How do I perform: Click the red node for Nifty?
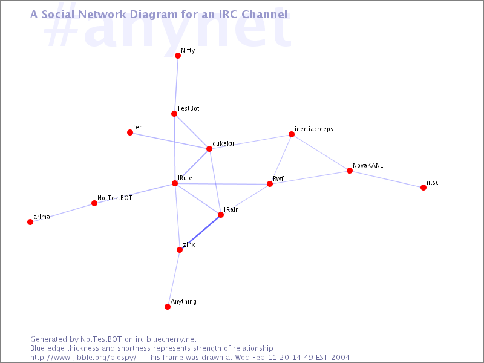(178, 56)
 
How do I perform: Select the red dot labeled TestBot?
(174, 114)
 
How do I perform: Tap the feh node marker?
(130, 132)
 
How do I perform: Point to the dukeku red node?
(209, 149)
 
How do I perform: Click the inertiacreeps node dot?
(292, 134)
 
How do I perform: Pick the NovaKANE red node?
(350, 171)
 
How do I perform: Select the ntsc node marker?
(423, 188)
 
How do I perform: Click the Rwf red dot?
(270, 184)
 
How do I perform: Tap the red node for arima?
(30, 222)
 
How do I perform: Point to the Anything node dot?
(168, 307)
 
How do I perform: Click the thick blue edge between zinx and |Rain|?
(200, 232)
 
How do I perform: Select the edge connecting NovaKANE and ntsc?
(387, 179)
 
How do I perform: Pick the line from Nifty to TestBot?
(176, 85)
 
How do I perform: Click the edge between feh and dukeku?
(170, 141)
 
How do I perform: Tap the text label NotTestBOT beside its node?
(115, 198)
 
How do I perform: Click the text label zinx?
(189, 245)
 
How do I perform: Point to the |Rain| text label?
(232, 209)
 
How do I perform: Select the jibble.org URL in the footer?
(83, 358)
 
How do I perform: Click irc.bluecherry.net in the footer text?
(166, 339)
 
